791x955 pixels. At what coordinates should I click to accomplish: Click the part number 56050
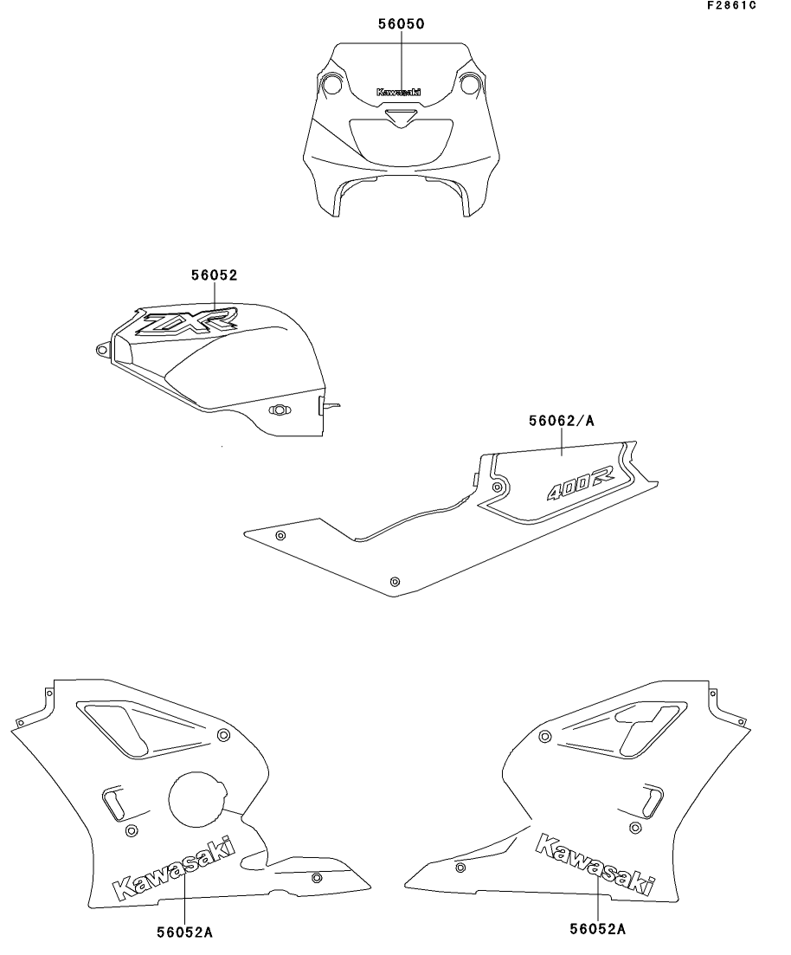(x=402, y=23)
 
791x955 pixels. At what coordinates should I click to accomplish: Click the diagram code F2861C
(x=731, y=5)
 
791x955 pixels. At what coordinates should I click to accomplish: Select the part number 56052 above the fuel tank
(x=215, y=275)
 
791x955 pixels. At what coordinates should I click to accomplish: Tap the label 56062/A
(x=561, y=421)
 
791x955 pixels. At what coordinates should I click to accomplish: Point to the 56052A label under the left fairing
(x=184, y=932)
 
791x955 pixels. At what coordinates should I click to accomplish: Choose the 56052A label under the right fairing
(x=597, y=929)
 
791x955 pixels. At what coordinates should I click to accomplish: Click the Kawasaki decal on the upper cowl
(x=398, y=93)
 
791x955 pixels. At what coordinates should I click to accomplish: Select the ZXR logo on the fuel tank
(x=185, y=321)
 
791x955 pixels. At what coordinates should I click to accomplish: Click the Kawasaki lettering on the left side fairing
(x=174, y=868)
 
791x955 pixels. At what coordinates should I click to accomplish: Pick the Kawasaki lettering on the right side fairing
(x=595, y=863)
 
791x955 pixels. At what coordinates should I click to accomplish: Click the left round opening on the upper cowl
(x=331, y=84)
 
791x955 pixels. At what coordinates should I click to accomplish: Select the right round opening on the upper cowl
(x=470, y=84)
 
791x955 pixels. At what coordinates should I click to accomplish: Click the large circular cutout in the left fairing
(x=195, y=798)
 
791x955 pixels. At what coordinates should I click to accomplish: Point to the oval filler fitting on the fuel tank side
(x=280, y=410)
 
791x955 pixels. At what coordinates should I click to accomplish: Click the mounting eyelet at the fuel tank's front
(x=102, y=350)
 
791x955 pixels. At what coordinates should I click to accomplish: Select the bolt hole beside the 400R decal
(x=498, y=487)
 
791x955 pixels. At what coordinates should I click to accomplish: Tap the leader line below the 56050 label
(x=402, y=61)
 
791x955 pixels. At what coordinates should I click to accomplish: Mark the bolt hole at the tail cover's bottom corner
(x=395, y=581)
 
